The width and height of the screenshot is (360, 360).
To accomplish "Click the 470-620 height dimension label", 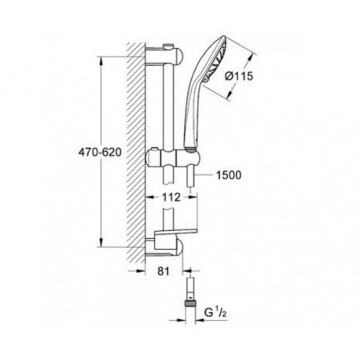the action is [100, 152].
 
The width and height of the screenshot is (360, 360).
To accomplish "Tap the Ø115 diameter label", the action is [239, 76].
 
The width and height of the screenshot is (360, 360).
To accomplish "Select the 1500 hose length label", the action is [229, 175].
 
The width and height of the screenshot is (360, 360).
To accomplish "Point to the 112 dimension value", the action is [171, 197].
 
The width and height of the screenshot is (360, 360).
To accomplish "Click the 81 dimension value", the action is [163, 271].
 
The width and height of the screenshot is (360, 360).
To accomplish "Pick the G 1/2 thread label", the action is [215, 313].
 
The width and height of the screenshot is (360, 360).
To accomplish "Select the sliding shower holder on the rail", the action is [174, 157].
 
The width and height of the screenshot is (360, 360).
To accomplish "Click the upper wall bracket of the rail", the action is [164, 57].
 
